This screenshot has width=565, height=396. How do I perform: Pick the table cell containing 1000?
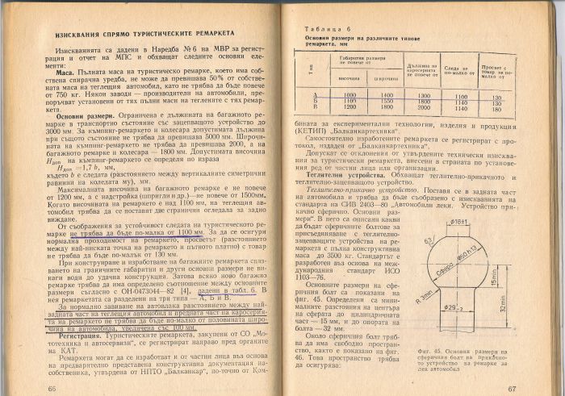(x=328, y=95)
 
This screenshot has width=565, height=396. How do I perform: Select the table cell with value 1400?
(x=364, y=95)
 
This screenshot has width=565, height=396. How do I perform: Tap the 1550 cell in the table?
(x=364, y=101)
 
